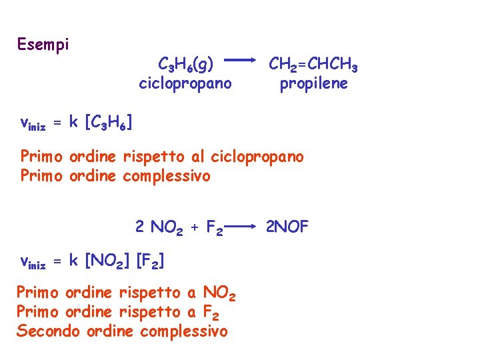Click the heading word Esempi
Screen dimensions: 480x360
(43, 45)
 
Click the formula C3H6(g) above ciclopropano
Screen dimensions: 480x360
(186, 65)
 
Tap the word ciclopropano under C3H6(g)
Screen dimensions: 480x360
(185, 84)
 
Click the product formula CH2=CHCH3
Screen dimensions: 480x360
(313, 65)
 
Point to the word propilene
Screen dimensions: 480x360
(313, 84)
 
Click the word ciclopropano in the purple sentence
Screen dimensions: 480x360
(257, 157)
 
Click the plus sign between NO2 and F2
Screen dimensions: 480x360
(195, 227)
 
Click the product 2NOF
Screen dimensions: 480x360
(287, 227)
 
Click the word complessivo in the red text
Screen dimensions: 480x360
(184, 331)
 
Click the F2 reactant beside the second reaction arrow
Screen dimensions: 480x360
(214, 228)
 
